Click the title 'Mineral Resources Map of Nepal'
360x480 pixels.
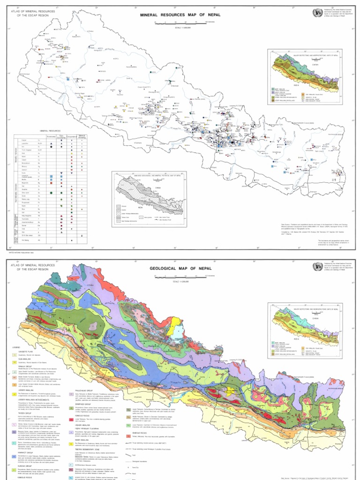(180, 15)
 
